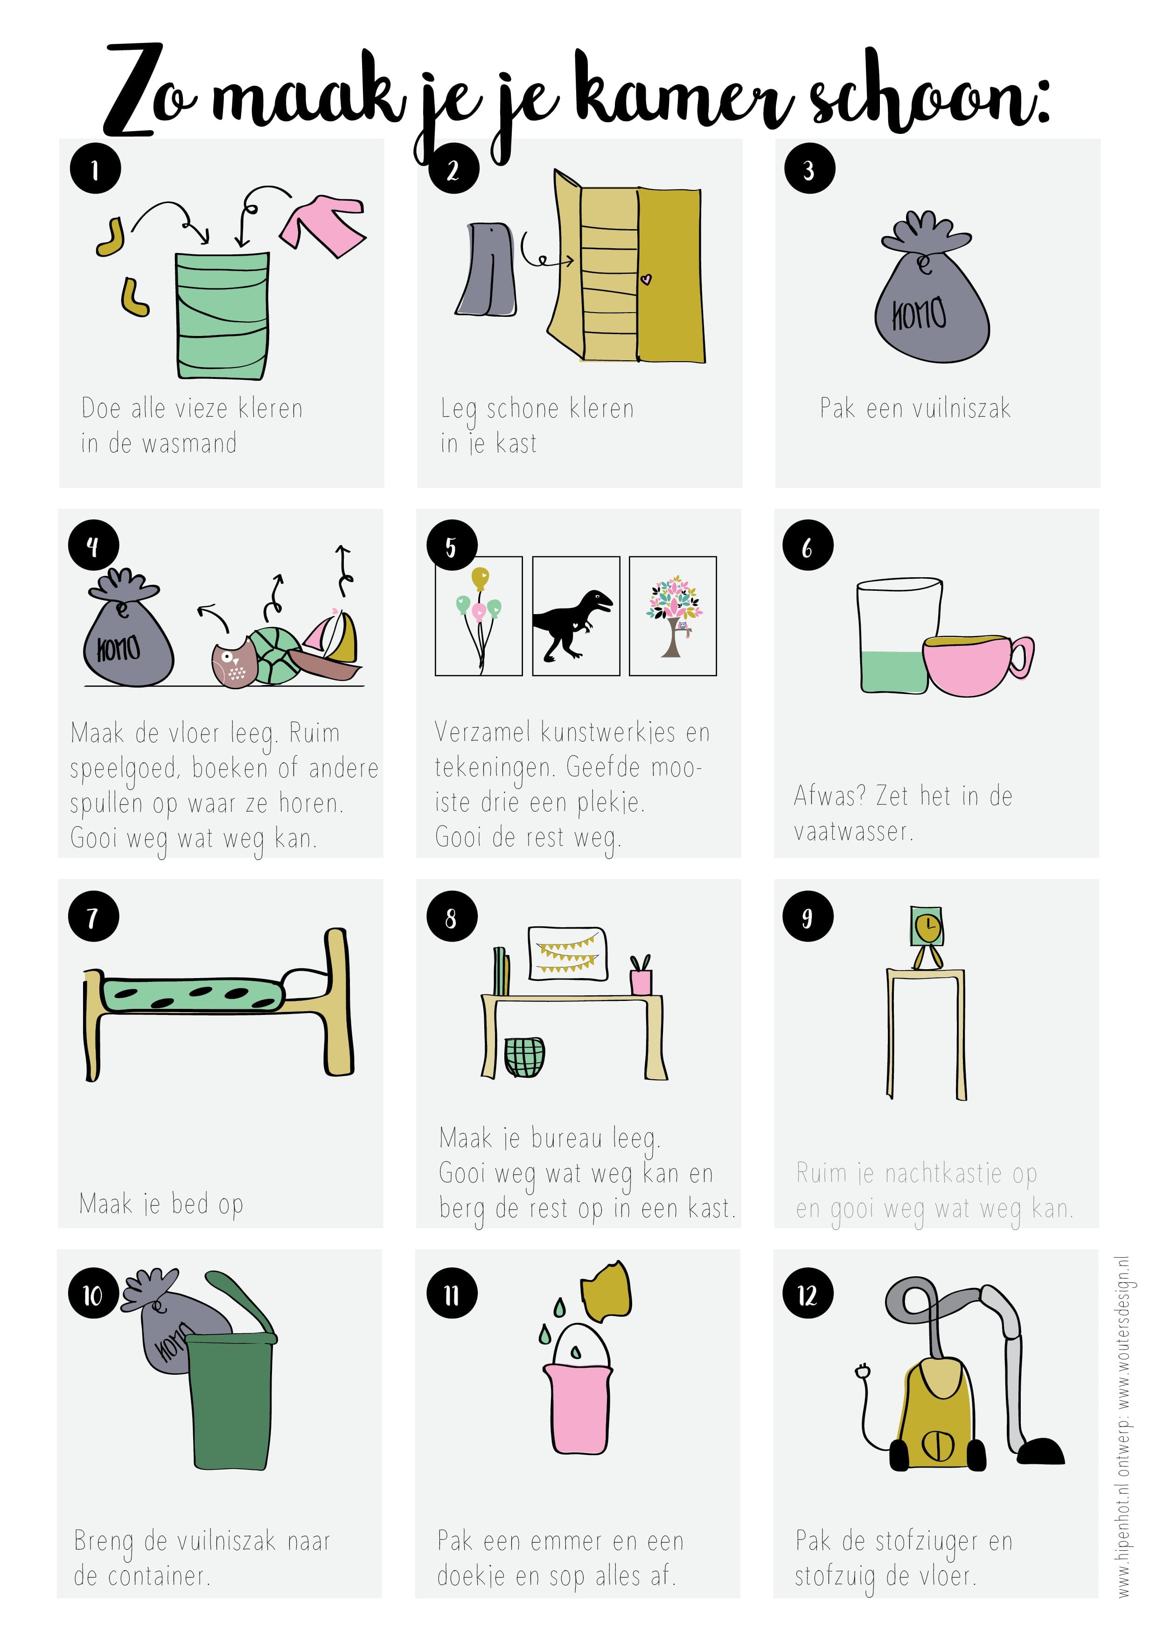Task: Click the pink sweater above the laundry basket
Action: tap(322, 224)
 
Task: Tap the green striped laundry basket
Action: tap(223, 315)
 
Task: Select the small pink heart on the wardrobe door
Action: tap(646, 280)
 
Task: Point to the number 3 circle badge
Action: tap(809, 169)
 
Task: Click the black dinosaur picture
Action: tap(576, 616)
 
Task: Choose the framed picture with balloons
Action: tap(479, 616)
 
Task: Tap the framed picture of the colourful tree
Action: tap(673, 616)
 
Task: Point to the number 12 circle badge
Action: tap(808, 1295)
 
